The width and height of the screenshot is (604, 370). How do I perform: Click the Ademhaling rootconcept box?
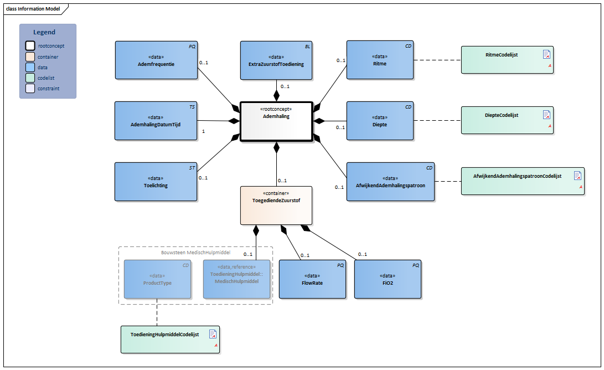(276, 121)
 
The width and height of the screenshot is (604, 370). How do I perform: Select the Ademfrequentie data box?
(156, 60)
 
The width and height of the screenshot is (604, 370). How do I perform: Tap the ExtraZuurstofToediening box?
(276, 60)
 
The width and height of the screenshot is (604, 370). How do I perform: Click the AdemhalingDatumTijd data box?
(156, 121)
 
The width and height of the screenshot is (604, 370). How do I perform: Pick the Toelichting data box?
(156, 181)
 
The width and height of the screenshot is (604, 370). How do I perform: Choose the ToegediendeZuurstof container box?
(276, 205)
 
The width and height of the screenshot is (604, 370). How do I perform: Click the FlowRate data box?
(312, 279)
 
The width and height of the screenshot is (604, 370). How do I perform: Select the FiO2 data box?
(388, 279)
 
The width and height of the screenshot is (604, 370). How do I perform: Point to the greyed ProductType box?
(158, 279)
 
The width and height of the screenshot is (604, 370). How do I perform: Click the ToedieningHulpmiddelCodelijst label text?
(164, 335)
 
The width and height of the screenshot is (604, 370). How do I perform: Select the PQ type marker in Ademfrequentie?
(192, 47)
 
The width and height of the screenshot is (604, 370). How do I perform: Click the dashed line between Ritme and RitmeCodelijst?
(437, 60)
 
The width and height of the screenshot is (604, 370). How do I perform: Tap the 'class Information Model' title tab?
(33, 9)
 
